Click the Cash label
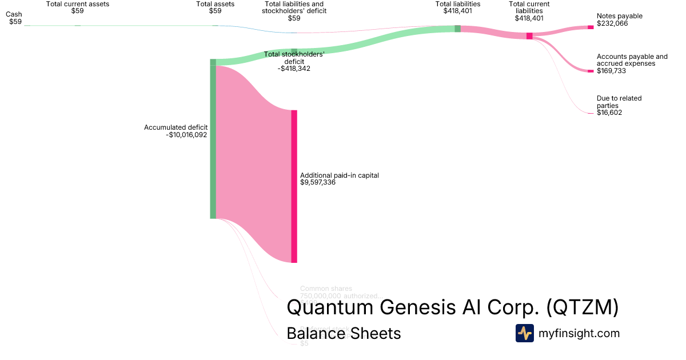[14, 14]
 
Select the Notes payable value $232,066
[612, 23]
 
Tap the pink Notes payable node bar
[591, 27]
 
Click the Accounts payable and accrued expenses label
[632, 60]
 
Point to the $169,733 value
[611, 71]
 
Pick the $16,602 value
[609, 113]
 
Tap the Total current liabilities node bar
[529, 36]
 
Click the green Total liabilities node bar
[457, 29]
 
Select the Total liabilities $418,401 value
[457, 11]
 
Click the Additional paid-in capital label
[339, 175]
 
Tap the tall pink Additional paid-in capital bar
[294, 186]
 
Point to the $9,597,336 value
[318, 183]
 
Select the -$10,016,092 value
[186, 135]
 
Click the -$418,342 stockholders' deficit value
[294, 69]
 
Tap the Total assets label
[215, 3]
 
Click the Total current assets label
[78, 3]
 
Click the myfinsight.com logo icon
[524, 333]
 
